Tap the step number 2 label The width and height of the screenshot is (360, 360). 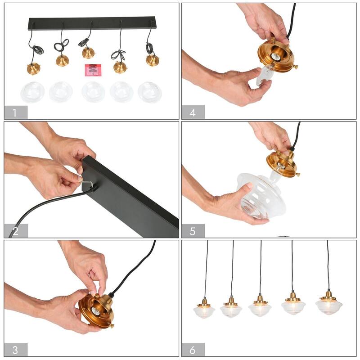click(15, 231)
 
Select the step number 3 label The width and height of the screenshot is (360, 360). click(15, 350)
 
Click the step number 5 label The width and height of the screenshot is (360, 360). click(193, 231)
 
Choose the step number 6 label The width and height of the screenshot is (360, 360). click(193, 350)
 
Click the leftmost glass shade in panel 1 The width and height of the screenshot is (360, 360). click(32, 92)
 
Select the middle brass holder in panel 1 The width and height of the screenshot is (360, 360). click(88, 53)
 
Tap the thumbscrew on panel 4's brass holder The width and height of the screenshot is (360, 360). click(295, 68)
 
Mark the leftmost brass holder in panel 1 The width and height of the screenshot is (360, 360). click(34, 69)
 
